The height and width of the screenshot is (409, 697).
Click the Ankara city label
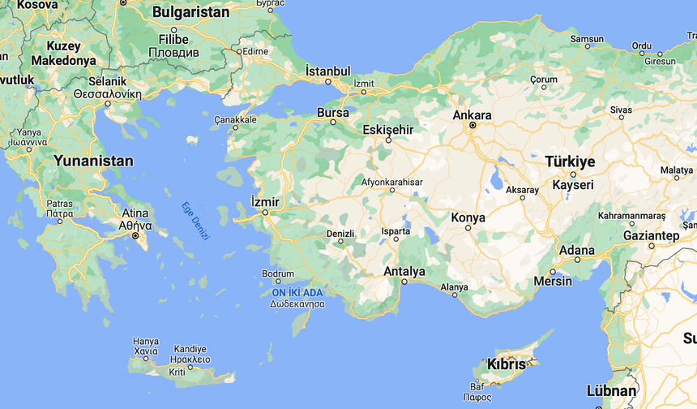[x=472, y=114]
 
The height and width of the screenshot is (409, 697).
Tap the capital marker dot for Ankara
[x=473, y=126]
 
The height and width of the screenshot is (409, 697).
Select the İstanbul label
[x=328, y=71]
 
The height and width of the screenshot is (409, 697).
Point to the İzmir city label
[x=266, y=201]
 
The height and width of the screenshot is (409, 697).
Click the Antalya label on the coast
[x=404, y=271]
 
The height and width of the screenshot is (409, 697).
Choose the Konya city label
[x=468, y=217]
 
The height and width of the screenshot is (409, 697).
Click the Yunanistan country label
[x=93, y=161]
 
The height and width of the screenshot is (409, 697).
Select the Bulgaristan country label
[x=191, y=12]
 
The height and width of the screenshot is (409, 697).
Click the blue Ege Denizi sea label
[x=195, y=220]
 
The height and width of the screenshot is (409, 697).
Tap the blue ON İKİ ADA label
[x=297, y=292]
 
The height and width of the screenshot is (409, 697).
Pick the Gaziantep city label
[x=652, y=235]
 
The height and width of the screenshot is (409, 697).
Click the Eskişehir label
[x=387, y=130]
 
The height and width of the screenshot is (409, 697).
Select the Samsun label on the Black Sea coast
[x=587, y=38]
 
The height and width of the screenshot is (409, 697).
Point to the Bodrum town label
[x=278, y=273]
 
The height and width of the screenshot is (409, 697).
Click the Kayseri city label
[x=572, y=185]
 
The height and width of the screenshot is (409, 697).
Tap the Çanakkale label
[x=235, y=119]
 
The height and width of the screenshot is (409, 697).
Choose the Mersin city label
[x=553, y=282]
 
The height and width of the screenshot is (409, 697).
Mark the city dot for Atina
[x=136, y=236]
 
